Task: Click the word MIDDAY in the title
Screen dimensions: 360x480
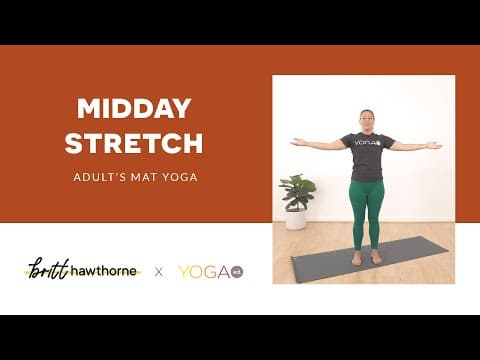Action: (134, 109)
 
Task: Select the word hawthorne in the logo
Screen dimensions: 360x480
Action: (104, 271)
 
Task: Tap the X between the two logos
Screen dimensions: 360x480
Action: (158, 271)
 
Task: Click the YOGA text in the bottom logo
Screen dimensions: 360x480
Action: (203, 271)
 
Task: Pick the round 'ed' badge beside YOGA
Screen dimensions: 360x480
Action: (237, 271)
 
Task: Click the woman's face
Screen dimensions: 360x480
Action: (366, 121)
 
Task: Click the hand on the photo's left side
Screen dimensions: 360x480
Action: (297, 142)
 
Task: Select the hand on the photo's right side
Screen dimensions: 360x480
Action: (433, 145)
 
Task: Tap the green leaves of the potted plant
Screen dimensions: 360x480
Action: (296, 189)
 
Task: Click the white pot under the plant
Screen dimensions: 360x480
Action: (296, 219)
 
